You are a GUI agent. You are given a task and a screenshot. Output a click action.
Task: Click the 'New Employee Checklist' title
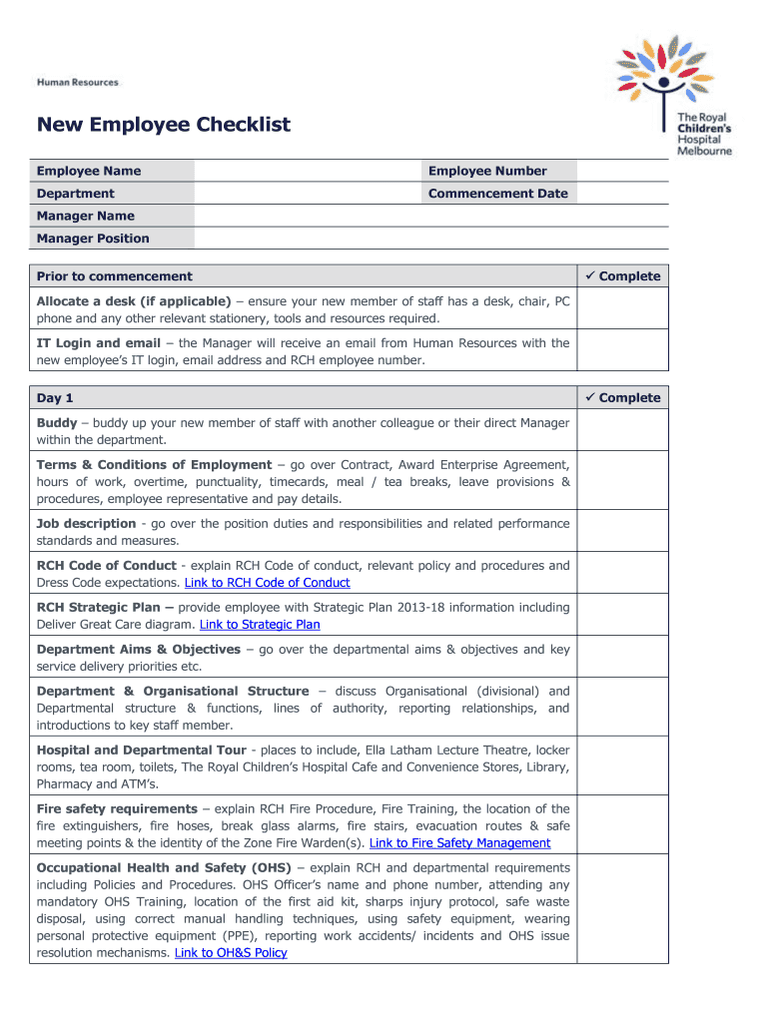(164, 125)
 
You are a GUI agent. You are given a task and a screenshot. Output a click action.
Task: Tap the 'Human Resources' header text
(78, 83)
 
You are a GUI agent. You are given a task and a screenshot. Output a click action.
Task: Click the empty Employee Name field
(307, 171)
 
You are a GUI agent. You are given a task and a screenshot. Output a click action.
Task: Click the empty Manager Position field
(430, 239)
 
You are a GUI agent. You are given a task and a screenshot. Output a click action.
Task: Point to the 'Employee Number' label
(487, 171)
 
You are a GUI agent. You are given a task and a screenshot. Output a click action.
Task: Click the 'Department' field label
(76, 194)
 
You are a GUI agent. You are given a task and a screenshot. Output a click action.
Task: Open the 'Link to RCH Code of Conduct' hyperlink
(268, 583)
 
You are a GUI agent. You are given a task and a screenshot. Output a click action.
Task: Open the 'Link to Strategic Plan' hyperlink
(260, 625)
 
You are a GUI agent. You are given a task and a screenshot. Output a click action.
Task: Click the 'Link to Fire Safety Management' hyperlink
(459, 843)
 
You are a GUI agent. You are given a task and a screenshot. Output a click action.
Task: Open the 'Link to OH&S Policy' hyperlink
(231, 953)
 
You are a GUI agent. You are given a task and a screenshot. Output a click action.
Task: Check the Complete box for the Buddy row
(624, 431)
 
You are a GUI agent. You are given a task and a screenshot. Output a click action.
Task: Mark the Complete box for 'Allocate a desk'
(624, 309)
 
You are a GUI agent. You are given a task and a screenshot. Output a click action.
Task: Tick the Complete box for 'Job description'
(624, 532)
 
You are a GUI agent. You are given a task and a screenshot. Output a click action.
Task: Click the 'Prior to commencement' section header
(115, 276)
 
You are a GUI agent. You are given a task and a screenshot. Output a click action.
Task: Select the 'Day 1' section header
(55, 398)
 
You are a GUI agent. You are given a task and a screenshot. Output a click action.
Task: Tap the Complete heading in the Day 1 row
(623, 398)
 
